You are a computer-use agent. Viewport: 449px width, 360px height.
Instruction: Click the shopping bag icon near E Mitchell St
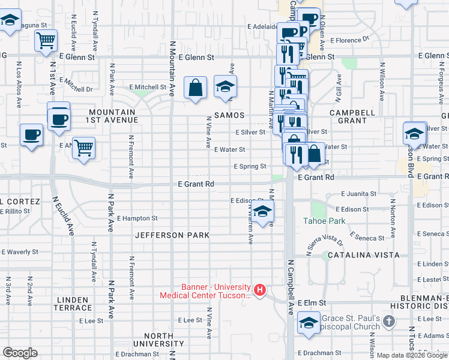tap(196, 88)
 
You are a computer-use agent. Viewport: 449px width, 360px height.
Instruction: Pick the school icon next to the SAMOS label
tap(226, 88)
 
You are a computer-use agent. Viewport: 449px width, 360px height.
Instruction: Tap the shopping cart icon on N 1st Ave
tap(46, 41)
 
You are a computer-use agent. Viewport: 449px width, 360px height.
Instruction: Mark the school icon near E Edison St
tap(262, 212)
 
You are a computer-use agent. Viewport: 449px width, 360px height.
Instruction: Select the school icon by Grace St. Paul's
tap(309, 323)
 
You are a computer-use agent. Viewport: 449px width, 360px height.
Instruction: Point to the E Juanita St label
tap(358, 194)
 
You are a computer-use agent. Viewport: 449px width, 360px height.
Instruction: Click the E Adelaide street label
tap(264, 26)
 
